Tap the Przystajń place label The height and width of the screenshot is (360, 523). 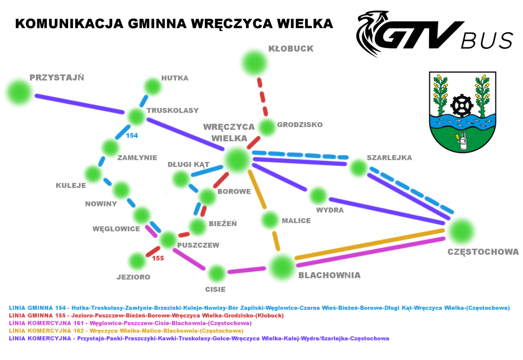click(x=57, y=77)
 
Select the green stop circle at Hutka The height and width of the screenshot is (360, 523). click(x=151, y=86)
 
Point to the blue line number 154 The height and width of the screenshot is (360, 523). click(x=132, y=135)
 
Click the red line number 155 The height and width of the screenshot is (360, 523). click(x=158, y=258)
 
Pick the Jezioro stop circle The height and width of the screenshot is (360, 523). click(x=137, y=261)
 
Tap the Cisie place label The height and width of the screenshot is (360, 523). click(x=215, y=289)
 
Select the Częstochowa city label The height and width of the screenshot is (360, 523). click(x=483, y=252)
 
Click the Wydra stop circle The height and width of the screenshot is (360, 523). click(x=317, y=196)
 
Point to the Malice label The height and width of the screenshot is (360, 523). click(x=296, y=221)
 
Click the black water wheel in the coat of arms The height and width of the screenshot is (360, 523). click(x=461, y=105)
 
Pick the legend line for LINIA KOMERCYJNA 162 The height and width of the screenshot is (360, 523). click(x=126, y=331)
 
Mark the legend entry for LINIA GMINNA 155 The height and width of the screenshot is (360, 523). click(x=146, y=315)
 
